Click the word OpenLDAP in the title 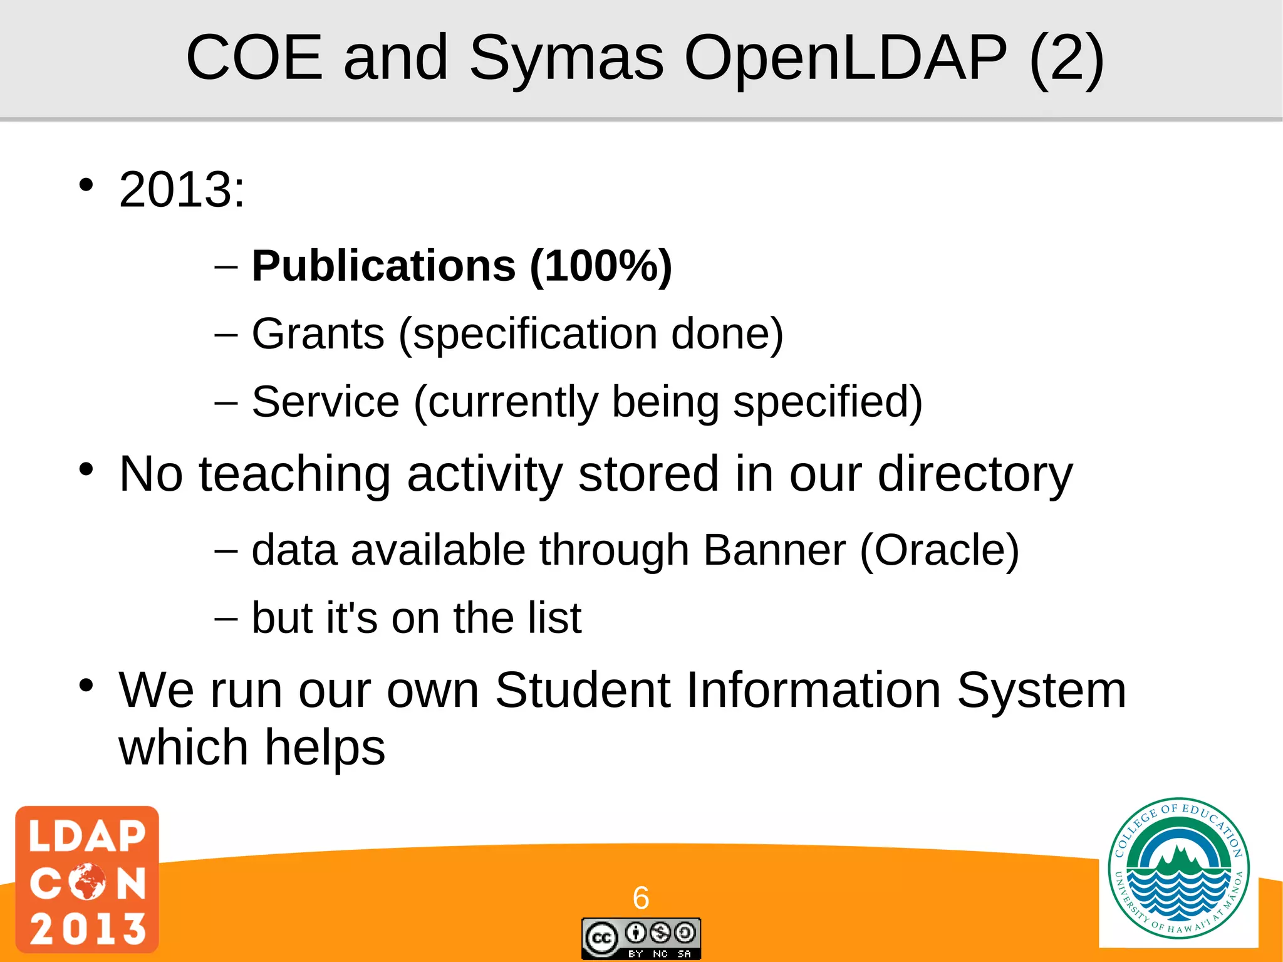pyautogui.click(x=846, y=58)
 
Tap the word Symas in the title pyautogui.click(x=566, y=58)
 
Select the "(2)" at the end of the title pyautogui.click(x=1066, y=58)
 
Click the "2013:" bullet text pyautogui.click(x=182, y=189)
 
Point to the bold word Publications pyautogui.click(x=383, y=266)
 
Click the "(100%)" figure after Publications pyautogui.click(x=601, y=266)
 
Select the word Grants pyautogui.click(x=318, y=333)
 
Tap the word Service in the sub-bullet pyautogui.click(x=325, y=401)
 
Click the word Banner pyautogui.click(x=774, y=550)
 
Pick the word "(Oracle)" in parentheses pyautogui.click(x=939, y=550)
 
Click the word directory pyautogui.click(x=975, y=474)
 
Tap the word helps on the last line pyautogui.click(x=325, y=747)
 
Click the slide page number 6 pyautogui.click(x=641, y=898)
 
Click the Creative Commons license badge pyautogui.click(x=641, y=938)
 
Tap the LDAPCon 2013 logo pyautogui.click(x=87, y=879)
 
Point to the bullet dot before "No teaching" pyautogui.click(x=86, y=469)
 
